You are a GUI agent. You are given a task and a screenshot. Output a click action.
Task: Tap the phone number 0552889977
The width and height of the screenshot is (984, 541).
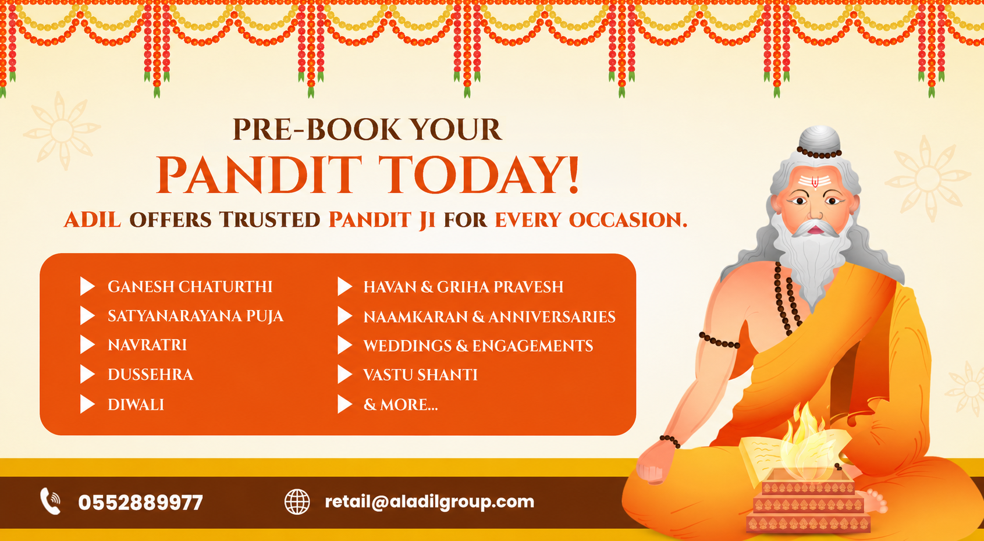[x=141, y=503]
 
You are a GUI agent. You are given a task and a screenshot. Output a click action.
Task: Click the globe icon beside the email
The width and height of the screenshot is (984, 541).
[x=297, y=501]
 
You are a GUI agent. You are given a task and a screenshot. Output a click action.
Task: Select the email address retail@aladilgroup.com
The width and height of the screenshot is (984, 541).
[x=429, y=501]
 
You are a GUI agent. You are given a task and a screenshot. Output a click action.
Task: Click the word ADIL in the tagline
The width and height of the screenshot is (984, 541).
[x=93, y=219]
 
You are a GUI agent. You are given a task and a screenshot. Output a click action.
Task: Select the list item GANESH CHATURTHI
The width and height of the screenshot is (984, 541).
[x=190, y=287]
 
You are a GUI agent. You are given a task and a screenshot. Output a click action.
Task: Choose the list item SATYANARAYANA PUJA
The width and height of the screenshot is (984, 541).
[x=196, y=316]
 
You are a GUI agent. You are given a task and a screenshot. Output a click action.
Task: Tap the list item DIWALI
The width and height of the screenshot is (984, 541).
[x=136, y=404]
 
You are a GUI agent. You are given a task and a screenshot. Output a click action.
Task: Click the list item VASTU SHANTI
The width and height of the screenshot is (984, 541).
[x=420, y=375]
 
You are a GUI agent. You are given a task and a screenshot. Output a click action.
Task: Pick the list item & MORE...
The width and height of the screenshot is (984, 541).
[x=400, y=404]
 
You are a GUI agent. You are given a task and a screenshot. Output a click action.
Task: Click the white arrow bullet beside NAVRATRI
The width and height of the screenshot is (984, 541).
[x=87, y=345]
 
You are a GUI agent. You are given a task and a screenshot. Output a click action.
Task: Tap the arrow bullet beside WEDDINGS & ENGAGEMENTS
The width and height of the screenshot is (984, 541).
[x=345, y=345]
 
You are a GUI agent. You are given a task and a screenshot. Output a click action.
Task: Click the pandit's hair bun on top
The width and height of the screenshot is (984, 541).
[x=819, y=139]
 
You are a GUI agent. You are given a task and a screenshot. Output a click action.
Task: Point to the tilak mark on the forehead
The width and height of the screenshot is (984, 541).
[x=815, y=181]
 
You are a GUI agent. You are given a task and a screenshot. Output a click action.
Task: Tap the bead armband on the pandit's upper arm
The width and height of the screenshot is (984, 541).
[x=719, y=340]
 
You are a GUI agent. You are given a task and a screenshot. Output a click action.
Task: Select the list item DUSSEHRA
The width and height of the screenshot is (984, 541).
[x=150, y=375]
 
